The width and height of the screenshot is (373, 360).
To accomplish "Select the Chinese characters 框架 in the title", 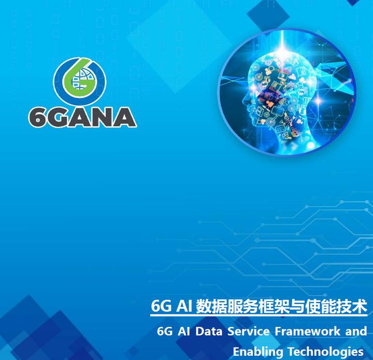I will click(266, 307).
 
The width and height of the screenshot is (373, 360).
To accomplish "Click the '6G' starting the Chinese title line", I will click(160, 307).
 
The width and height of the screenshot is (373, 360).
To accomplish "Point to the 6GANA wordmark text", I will click(82, 117).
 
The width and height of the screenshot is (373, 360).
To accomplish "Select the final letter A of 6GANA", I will click(124, 117).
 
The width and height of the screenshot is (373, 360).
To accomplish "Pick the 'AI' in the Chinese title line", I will click(181, 307).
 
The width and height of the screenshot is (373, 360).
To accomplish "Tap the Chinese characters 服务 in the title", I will click(237, 307).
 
